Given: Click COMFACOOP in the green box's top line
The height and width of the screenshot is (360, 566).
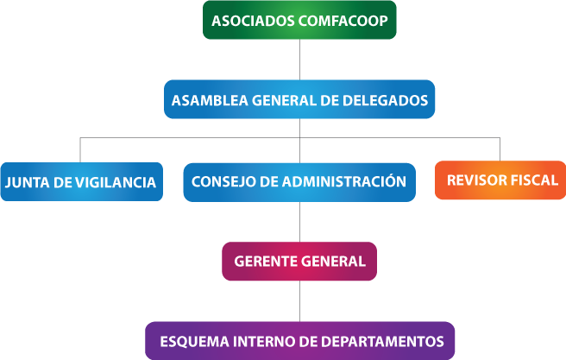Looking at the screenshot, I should (343, 20).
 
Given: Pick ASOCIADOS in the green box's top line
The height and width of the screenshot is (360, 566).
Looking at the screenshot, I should (253, 20).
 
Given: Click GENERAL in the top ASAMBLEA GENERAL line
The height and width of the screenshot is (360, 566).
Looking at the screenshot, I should (284, 100).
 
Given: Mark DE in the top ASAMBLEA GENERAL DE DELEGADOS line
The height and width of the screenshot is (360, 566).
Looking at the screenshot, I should (332, 100).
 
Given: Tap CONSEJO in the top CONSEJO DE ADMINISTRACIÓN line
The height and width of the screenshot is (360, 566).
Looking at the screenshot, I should (223, 181).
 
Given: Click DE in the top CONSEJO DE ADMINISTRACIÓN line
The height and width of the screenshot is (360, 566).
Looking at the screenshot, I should (269, 181).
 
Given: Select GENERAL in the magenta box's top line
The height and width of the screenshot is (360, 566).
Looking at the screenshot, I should (332, 262).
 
